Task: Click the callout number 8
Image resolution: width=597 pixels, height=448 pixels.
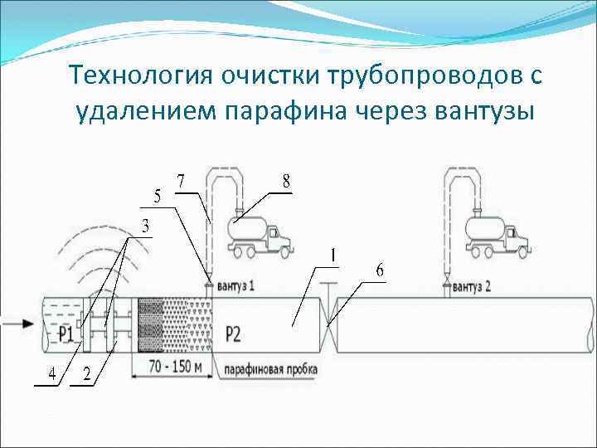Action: coord(286,182)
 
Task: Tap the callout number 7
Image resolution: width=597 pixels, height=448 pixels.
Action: coord(182,181)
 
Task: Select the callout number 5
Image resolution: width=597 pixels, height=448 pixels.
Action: coord(158,197)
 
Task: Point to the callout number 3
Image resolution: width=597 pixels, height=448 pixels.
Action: coord(145,225)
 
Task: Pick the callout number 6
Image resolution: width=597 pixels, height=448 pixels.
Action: coord(379,270)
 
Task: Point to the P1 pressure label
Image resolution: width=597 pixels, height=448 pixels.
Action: coord(66,334)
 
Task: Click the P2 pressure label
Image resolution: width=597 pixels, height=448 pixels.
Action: coord(233,334)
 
